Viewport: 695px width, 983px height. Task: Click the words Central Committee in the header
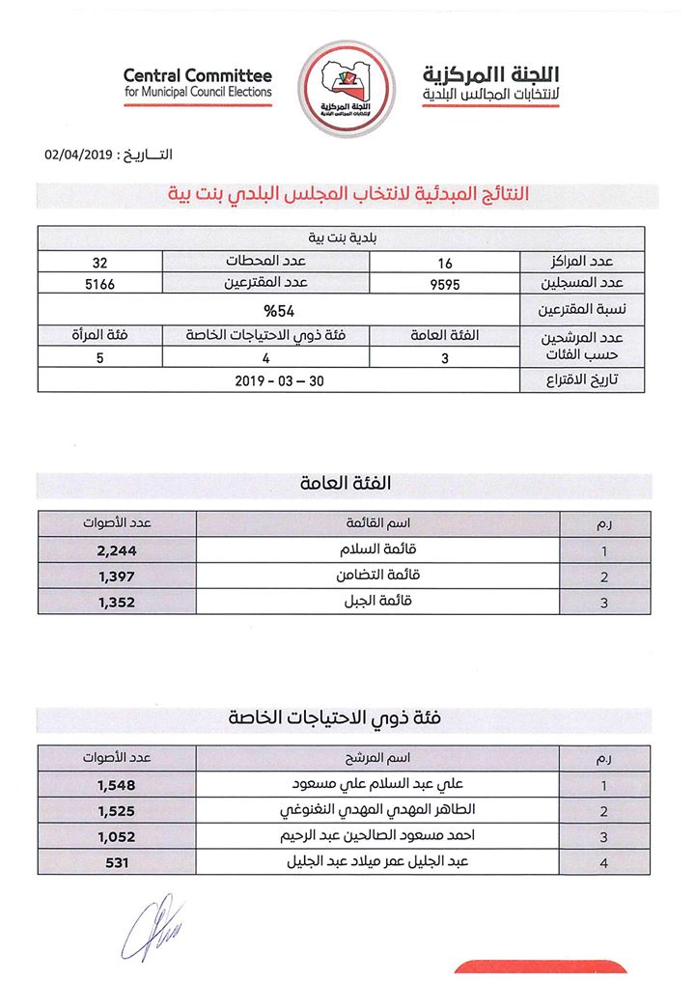198,75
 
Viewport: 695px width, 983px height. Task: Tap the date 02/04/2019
80,155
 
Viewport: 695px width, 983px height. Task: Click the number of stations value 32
98,262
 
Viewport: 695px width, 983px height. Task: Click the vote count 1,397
117,576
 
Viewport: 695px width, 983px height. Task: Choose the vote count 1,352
117,602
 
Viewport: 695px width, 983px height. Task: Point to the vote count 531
117,862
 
